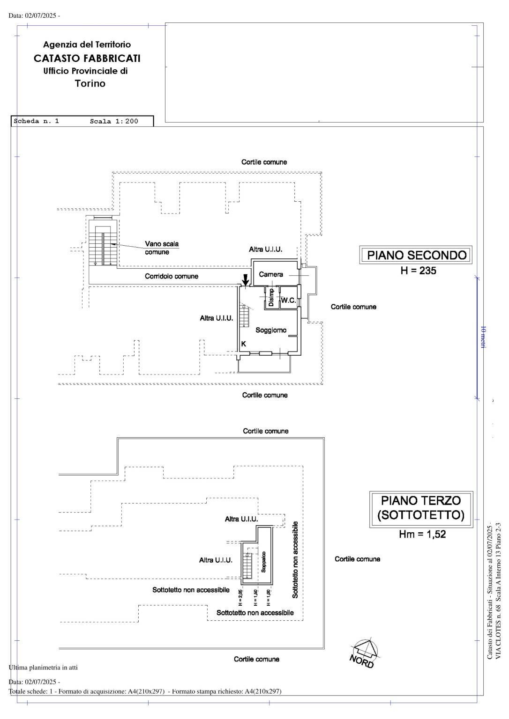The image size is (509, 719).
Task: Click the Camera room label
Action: [271, 274]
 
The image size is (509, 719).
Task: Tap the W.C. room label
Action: [288, 301]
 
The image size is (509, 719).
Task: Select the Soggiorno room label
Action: [270, 330]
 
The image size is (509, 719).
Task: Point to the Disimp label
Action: [271, 297]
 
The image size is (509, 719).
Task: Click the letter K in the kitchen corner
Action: [243, 344]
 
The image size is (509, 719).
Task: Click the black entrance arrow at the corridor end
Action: [245, 280]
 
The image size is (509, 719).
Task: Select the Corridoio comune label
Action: [171, 276]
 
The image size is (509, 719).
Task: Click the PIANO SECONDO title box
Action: [416, 255]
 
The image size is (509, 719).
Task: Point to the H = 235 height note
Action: [418, 271]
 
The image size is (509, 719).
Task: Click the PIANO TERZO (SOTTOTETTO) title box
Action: [421, 509]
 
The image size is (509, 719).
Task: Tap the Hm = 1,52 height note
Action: [422, 534]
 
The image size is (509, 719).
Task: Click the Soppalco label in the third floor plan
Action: [263, 561]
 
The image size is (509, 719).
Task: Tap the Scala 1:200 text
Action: [114, 121]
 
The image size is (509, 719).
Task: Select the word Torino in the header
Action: [90, 84]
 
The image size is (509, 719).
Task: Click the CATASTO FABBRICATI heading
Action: [87, 59]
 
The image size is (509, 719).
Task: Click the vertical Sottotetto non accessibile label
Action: [295, 559]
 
